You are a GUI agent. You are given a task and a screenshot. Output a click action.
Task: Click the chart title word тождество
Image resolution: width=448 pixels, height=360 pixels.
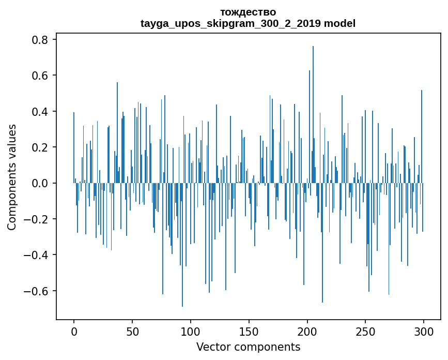coord(248,12)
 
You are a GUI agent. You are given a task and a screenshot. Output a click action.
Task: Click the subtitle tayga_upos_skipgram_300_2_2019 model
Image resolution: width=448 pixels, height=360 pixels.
coord(248,23)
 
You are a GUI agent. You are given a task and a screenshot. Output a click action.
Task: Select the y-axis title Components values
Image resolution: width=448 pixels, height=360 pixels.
coord(12,177)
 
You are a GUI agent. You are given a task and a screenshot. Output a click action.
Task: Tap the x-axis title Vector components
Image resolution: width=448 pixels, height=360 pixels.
coord(248,347)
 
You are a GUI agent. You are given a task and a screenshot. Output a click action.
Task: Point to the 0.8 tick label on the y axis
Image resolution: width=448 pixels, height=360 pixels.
coord(41,40)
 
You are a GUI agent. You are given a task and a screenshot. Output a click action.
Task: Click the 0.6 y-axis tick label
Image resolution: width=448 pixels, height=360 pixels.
coord(41,76)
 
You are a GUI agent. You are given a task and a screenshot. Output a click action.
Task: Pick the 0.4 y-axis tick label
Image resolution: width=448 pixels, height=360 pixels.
coord(41,112)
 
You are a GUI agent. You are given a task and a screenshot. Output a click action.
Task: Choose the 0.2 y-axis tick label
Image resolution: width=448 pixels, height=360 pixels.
coord(41,147)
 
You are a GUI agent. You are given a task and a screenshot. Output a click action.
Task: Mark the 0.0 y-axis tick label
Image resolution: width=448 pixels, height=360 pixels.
coord(41,183)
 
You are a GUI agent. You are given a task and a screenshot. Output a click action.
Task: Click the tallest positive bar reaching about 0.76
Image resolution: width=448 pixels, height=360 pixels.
coord(313,114)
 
